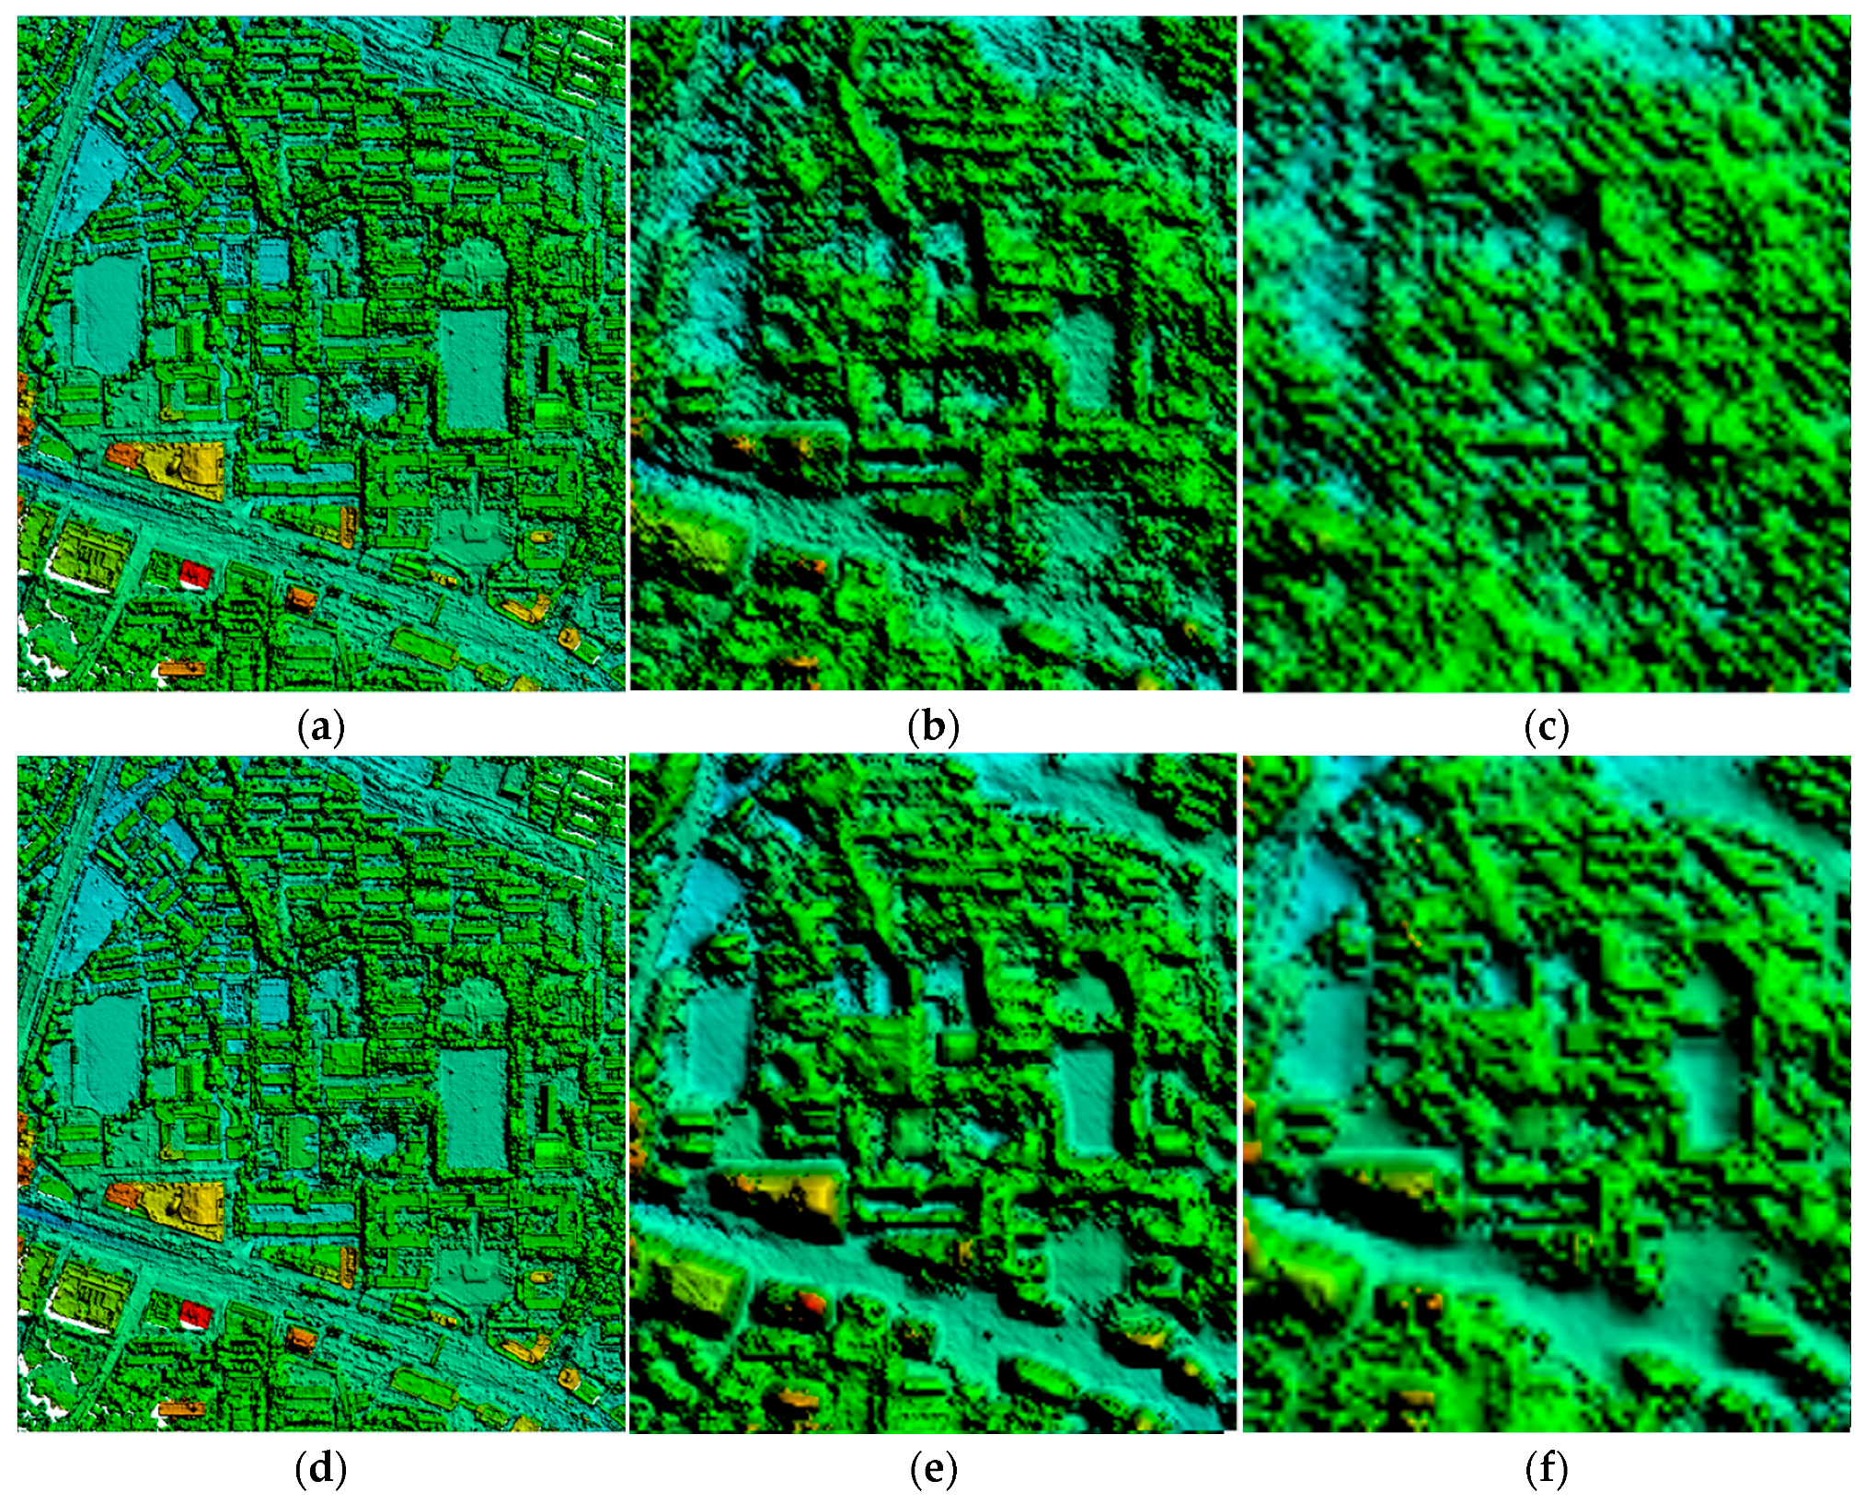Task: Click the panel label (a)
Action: (x=321, y=728)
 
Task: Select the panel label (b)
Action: (x=933, y=728)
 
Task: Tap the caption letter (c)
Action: (x=1546, y=728)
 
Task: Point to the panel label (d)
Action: (x=321, y=1469)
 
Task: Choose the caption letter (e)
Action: (x=933, y=1469)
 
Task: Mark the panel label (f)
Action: (x=1546, y=1469)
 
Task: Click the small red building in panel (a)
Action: (x=196, y=574)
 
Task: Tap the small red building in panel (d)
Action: (x=196, y=1313)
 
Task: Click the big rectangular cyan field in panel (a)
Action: (x=472, y=368)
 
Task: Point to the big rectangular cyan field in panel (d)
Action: (x=472, y=1107)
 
